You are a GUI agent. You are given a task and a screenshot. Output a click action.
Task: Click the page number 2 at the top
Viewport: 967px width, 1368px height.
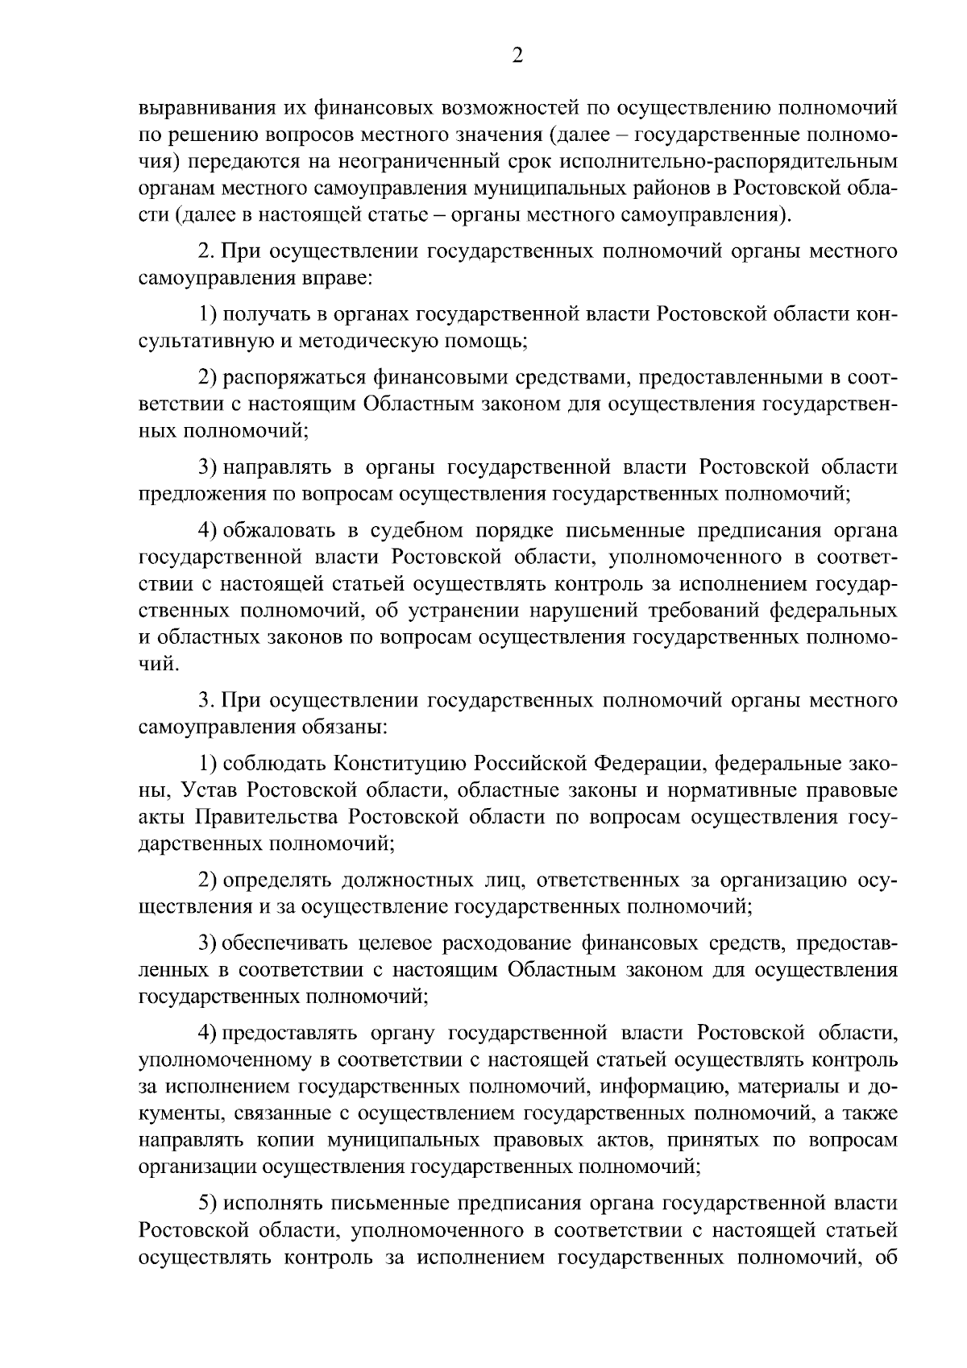(x=517, y=55)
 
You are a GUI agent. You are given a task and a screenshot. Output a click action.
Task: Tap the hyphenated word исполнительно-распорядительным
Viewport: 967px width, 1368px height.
(x=724, y=162)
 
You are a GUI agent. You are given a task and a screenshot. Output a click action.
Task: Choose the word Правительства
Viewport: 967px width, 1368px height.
(x=267, y=817)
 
